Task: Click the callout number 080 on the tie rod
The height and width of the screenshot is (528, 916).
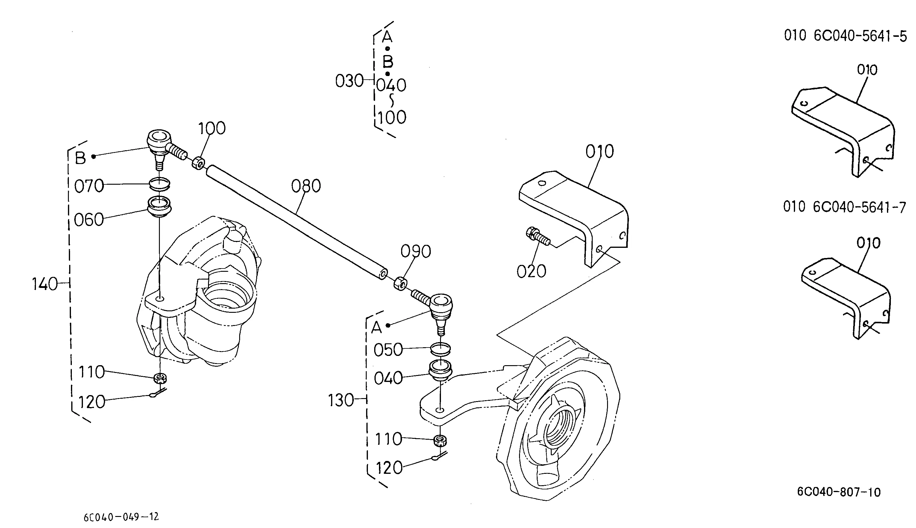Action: tap(306, 186)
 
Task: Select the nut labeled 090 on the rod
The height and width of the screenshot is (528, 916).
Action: tap(400, 283)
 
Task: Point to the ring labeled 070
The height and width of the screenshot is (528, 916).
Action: tap(160, 183)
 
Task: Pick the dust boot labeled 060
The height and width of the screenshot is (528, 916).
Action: tap(159, 207)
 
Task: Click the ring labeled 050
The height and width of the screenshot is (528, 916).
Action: tap(440, 349)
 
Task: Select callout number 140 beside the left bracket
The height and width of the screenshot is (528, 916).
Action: tap(45, 284)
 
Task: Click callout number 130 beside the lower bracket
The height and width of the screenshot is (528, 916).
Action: tap(341, 400)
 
